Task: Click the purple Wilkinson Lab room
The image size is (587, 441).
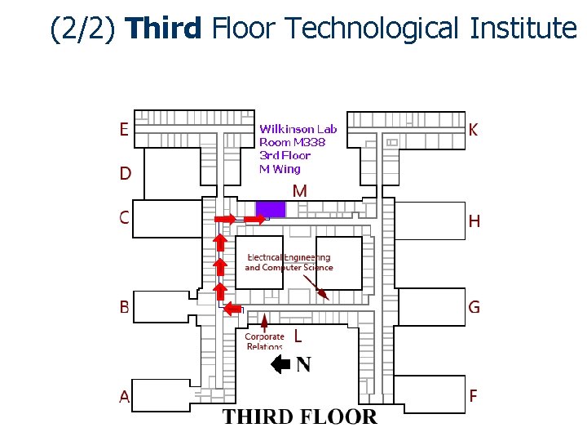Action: [271, 209]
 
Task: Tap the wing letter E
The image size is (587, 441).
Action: [124, 129]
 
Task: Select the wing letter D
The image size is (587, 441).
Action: [125, 173]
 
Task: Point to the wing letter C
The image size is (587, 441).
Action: [124, 217]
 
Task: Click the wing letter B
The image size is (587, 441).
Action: [125, 307]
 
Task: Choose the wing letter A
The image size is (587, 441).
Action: [125, 397]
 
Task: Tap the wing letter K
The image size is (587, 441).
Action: [474, 130]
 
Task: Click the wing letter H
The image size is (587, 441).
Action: [474, 221]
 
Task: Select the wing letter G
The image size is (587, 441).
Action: [474, 307]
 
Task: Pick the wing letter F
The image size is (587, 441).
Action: [474, 396]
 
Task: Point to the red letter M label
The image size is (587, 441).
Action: [299, 191]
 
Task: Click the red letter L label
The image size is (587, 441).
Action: [298, 336]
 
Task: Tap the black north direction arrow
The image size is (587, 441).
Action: [280, 364]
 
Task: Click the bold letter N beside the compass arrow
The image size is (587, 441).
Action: [303, 364]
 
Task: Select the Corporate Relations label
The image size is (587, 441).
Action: [265, 341]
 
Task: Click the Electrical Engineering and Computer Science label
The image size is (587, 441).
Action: [289, 262]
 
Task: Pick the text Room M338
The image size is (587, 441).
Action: [292, 142]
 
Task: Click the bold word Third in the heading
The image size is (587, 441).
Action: [164, 29]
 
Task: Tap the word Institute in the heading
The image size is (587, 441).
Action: [523, 29]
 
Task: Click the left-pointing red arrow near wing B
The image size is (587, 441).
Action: [233, 308]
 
